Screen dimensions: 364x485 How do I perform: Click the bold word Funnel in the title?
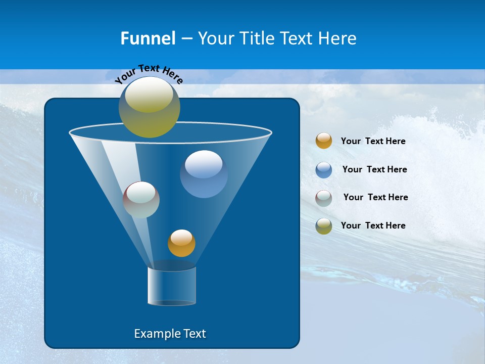point(148,38)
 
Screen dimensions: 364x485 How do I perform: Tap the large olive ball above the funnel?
point(150,107)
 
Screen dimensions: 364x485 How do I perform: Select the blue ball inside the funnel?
point(204,174)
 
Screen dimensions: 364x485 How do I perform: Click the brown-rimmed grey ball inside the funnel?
point(141,200)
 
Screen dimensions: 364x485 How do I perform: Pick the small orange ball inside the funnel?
point(181,243)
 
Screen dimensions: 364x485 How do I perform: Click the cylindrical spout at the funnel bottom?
point(172,286)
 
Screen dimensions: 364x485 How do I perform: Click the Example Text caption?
point(170,334)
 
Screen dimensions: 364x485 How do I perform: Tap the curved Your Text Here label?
point(149,73)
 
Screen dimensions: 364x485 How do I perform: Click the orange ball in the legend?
point(324,141)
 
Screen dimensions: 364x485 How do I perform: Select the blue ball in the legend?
point(324,169)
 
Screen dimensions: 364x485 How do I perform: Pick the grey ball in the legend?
point(324,198)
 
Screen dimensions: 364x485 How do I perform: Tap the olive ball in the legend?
point(324,226)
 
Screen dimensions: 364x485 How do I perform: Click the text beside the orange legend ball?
point(373,141)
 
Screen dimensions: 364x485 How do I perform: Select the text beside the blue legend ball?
point(374,169)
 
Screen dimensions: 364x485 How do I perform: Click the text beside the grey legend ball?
point(375,197)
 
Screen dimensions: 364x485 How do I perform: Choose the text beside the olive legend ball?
point(373,225)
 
